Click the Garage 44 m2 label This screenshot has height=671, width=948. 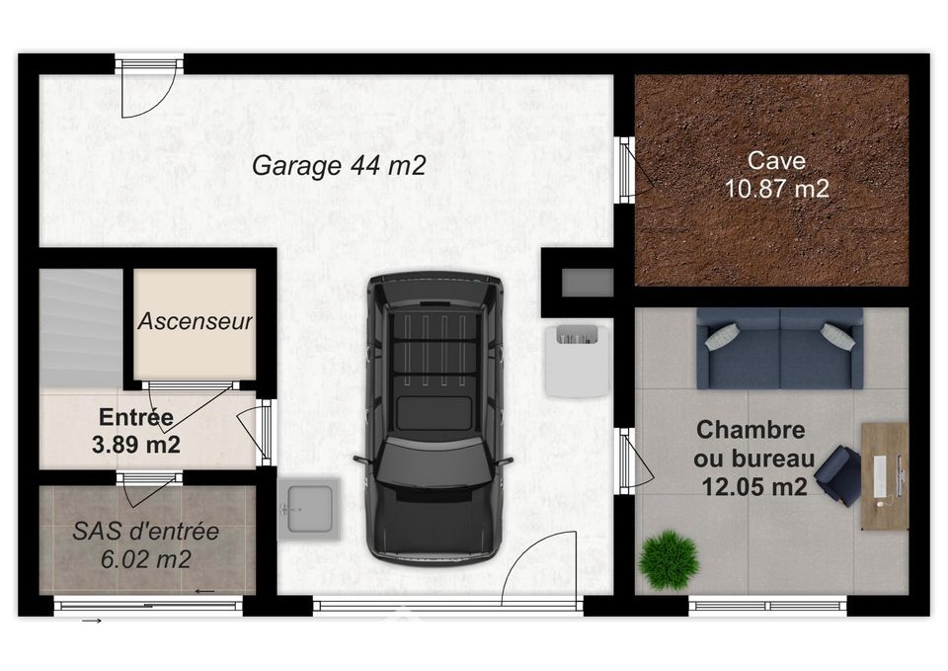tap(339, 165)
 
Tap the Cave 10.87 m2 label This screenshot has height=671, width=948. tap(776, 175)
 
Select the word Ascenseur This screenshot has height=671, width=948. tap(195, 321)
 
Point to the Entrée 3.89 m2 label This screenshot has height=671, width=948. tap(136, 431)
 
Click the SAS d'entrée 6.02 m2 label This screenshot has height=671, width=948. tap(146, 545)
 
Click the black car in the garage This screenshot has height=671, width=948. tap(434, 417)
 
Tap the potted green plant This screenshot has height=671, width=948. tap(669, 559)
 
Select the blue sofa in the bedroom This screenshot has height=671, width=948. tap(779, 348)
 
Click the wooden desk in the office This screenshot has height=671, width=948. tap(885, 476)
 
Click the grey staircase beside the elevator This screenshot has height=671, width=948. tap(81, 328)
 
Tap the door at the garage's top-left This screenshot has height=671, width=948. tap(149, 86)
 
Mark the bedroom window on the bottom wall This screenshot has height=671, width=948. tap(767, 605)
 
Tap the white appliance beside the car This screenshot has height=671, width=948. tap(576, 360)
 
